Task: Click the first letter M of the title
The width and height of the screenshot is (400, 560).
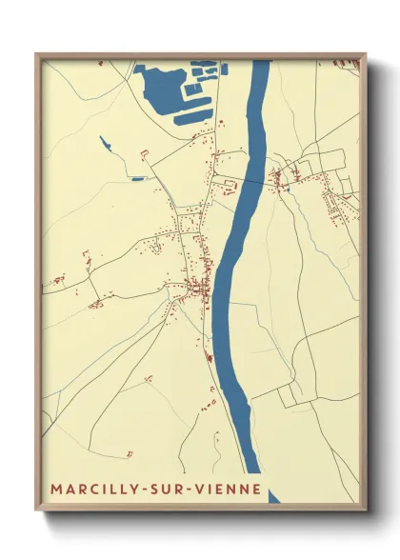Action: pyautogui.click(x=56, y=490)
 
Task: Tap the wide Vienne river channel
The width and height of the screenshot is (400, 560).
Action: pyautogui.click(x=238, y=238)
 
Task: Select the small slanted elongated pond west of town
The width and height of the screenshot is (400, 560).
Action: pyautogui.click(x=105, y=145)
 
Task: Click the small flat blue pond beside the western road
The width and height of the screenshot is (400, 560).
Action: pyautogui.click(x=139, y=178)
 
